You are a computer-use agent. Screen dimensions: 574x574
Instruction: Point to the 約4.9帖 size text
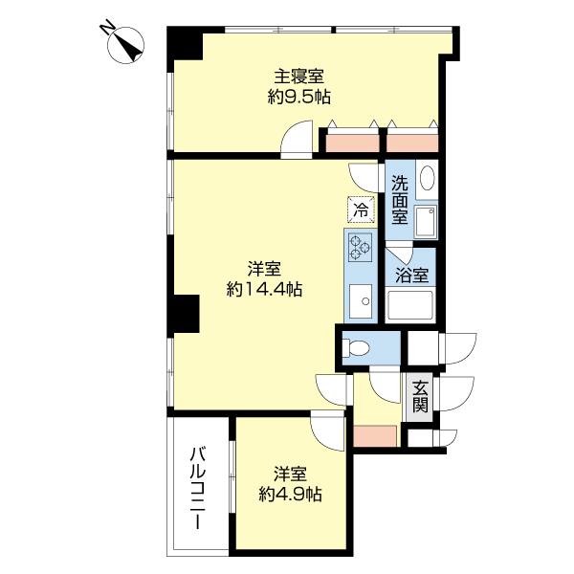click(290, 495)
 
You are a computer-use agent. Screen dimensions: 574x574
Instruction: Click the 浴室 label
click(412, 274)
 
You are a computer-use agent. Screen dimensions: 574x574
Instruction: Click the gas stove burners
click(360, 248)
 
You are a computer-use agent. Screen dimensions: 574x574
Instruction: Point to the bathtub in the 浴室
click(411, 307)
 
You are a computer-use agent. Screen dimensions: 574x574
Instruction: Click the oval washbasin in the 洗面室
click(427, 180)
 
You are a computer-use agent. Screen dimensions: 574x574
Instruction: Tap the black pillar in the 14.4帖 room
click(186, 314)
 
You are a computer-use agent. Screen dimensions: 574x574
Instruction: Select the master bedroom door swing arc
click(297, 139)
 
